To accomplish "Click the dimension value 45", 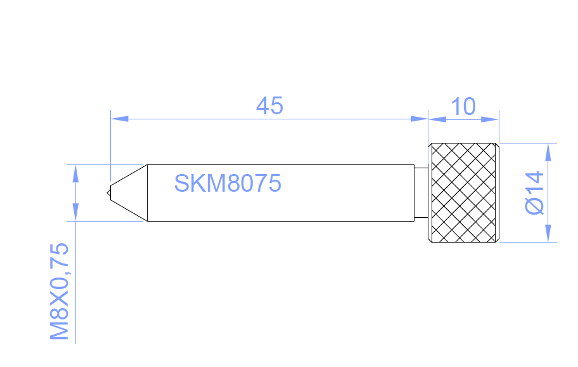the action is tap(269, 106).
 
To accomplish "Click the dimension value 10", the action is tap(463, 107).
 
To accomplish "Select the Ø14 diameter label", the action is tap(534, 192).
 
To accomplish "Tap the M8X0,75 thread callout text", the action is tap(60, 291).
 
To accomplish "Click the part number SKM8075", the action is tap(228, 183).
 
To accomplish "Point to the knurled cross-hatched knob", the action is tap(464, 193).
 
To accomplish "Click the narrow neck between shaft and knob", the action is tap(421, 193).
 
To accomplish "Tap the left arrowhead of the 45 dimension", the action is tap(119, 119).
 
